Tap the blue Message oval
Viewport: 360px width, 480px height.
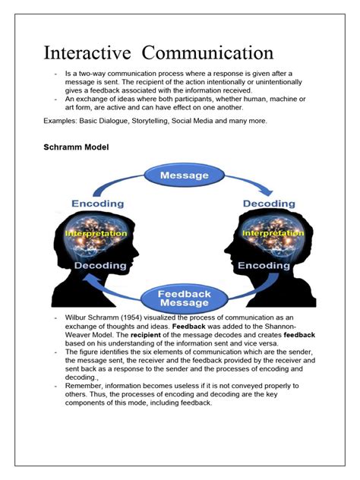coord(185,175)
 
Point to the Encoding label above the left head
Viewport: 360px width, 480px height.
coord(98,204)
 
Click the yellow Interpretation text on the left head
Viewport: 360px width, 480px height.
coord(96,233)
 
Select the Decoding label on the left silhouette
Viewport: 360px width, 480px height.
coord(100,266)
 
